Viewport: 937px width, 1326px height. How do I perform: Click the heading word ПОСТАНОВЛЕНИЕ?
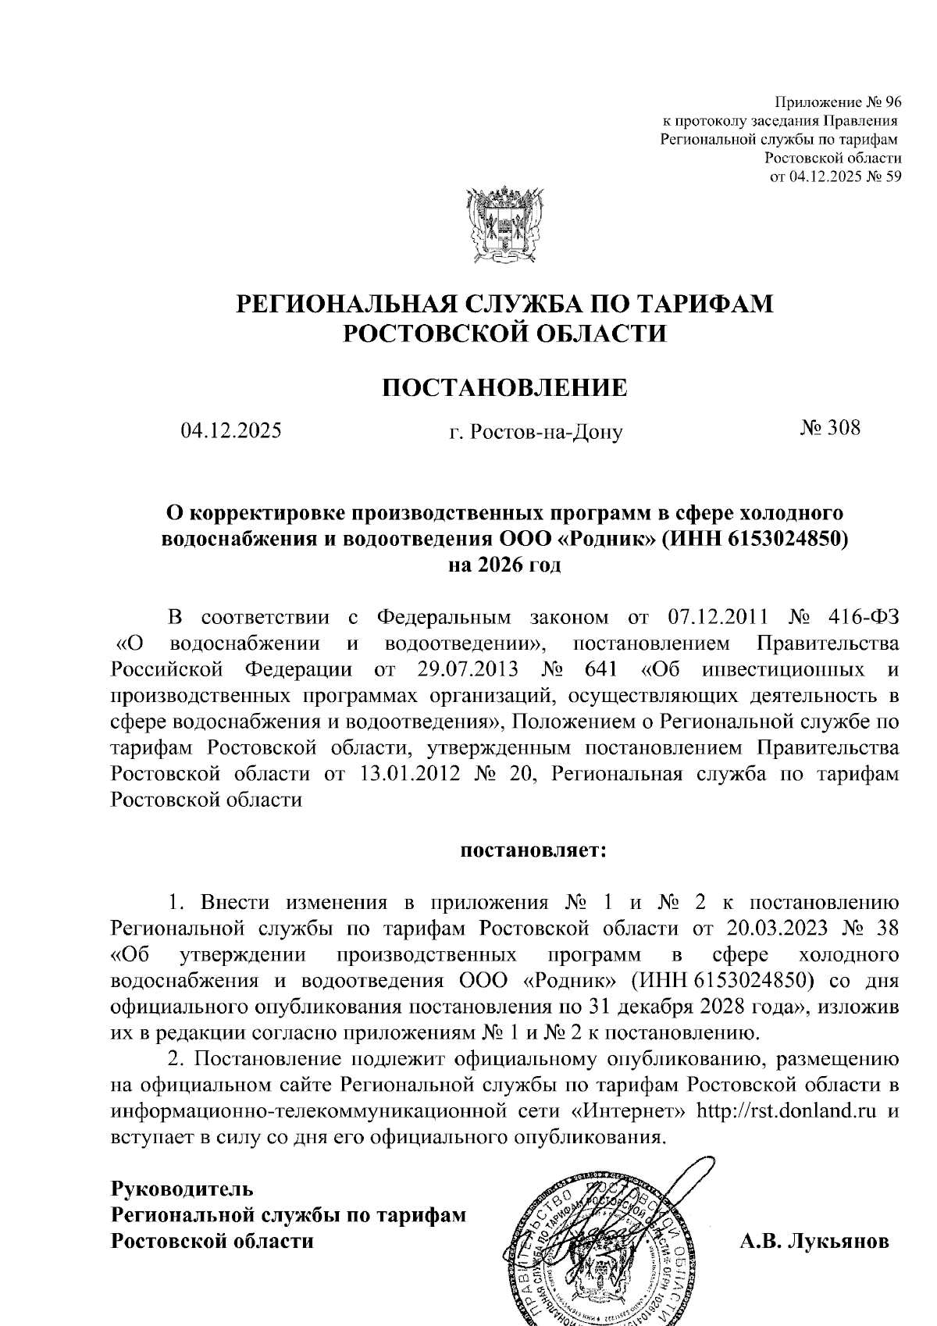pos(504,387)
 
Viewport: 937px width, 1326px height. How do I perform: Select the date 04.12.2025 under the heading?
pos(230,430)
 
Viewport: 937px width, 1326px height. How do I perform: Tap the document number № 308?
pos(829,427)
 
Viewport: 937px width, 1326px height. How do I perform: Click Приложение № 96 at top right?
pos(838,103)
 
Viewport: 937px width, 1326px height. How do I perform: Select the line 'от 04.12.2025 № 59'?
pos(835,176)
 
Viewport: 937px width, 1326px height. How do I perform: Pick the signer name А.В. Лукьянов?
pos(814,1241)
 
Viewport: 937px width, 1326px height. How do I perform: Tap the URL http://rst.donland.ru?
pos(786,1110)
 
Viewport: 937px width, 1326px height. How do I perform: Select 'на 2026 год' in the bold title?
pos(504,565)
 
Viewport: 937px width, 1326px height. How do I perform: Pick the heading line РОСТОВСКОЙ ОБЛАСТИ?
pos(505,333)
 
